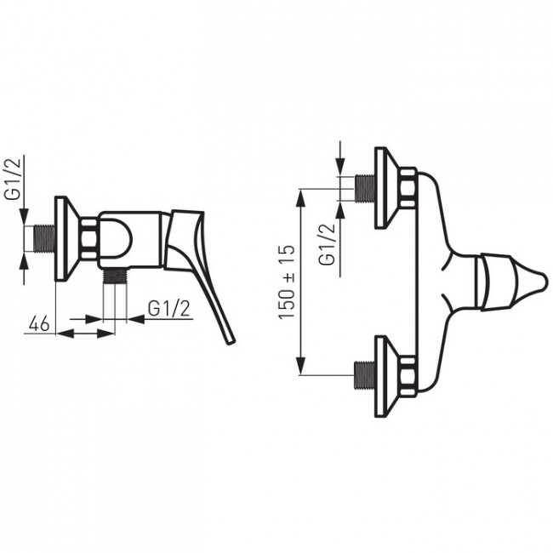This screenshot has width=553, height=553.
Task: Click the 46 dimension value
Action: coord(39,324)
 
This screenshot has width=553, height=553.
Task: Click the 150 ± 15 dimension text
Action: coord(287,282)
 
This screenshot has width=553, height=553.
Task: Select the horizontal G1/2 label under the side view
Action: coord(169,310)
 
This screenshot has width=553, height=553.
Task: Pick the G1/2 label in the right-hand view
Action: coord(327,244)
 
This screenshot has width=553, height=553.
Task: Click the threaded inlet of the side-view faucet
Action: coord(44,238)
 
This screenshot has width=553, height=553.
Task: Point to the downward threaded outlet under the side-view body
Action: coord(115,276)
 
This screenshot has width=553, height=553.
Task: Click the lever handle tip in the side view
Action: coord(231,340)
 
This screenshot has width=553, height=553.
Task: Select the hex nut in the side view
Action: coord(89,238)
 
